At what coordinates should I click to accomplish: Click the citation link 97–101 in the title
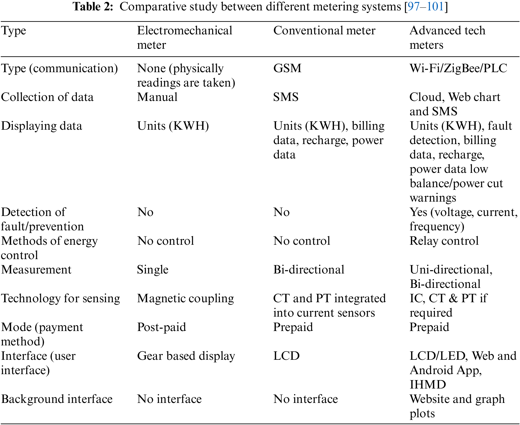(x=426, y=7)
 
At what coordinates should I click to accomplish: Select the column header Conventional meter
(x=324, y=31)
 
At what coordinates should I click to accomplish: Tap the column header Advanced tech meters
(x=447, y=38)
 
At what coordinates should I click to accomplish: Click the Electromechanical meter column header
(x=184, y=38)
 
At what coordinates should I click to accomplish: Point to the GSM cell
(x=287, y=68)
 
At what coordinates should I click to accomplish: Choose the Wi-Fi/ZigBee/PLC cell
(x=458, y=68)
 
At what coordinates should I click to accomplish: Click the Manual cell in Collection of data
(x=157, y=97)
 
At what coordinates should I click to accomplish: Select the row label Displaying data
(x=42, y=126)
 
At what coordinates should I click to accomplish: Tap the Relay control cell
(x=444, y=241)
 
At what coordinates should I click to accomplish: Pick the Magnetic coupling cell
(x=185, y=299)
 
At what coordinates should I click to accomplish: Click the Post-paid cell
(x=161, y=327)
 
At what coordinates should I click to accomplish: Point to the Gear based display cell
(x=186, y=356)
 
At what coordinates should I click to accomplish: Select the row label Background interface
(x=57, y=399)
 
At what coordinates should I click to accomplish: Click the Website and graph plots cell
(x=457, y=406)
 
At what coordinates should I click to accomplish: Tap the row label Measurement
(x=36, y=270)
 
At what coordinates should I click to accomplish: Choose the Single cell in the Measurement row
(x=152, y=270)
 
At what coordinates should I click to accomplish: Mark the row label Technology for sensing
(x=60, y=299)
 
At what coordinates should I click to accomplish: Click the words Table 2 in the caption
(x=93, y=7)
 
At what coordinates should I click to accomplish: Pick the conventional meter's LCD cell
(x=286, y=356)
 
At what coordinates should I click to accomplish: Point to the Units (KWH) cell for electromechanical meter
(x=173, y=126)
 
